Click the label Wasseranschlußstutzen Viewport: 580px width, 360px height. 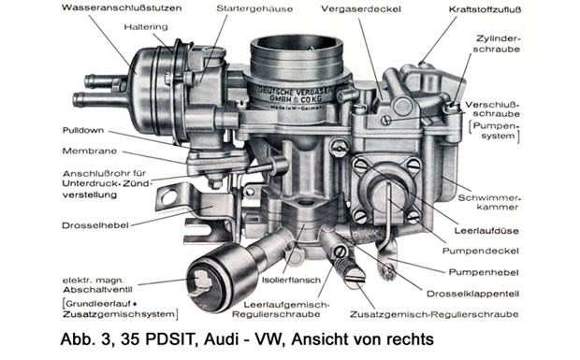click(x=122, y=7)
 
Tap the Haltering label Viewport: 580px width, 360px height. click(x=146, y=27)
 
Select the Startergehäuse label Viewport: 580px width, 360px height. click(x=254, y=8)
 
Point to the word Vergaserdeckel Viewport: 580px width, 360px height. click(x=361, y=8)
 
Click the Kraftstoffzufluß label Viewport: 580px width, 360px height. click(x=485, y=9)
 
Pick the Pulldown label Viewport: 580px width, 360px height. click(x=83, y=131)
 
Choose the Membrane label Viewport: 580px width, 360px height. click(x=90, y=151)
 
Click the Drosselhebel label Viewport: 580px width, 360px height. click(x=95, y=225)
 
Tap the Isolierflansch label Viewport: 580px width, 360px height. click(x=291, y=281)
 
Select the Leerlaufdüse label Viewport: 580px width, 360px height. click(x=486, y=231)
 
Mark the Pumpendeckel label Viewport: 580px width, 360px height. click(x=481, y=252)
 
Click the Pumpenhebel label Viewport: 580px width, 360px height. click(x=484, y=272)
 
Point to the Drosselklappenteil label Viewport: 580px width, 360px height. click(x=472, y=294)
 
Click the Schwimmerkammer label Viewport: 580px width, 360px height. click(x=488, y=203)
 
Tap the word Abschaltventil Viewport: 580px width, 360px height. click(x=97, y=290)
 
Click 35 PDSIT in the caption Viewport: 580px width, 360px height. click(x=155, y=338)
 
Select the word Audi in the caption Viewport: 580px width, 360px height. click(x=219, y=338)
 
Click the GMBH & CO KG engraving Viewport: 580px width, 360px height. click(x=296, y=99)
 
